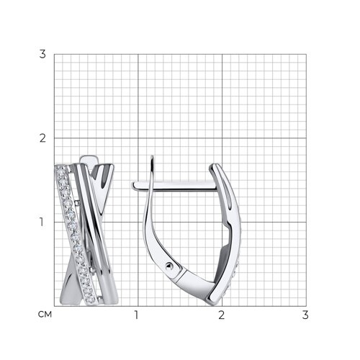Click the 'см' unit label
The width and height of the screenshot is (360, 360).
(45, 314)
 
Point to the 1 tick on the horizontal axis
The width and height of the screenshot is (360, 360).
(136, 315)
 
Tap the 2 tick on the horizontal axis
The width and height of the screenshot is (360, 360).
(221, 315)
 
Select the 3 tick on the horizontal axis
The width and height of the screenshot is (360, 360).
(305, 315)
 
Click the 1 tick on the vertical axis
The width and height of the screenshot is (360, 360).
(42, 222)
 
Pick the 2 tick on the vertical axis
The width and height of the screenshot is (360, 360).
(42, 138)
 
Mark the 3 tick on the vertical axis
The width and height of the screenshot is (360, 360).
(42, 54)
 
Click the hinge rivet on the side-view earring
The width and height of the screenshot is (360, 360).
(168, 266)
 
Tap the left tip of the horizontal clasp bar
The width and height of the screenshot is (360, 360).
(132, 185)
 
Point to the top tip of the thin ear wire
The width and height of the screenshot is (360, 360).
(152, 156)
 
